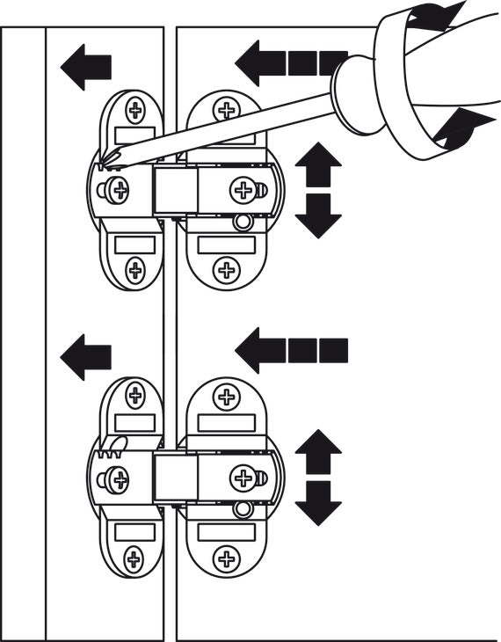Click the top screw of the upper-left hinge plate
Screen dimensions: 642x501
[x=136, y=110]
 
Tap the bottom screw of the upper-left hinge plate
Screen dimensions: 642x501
[x=134, y=269]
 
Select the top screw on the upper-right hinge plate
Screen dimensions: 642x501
[x=227, y=110]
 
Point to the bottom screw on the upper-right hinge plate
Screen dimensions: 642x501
[x=227, y=269]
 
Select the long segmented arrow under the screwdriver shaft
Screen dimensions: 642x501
[x=290, y=63]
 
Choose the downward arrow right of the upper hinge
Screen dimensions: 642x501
[x=318, y=216]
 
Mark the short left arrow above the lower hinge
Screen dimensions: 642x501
[x=87, y=356]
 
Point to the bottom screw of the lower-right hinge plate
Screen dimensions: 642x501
[x=227, y=558]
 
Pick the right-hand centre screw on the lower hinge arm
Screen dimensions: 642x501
[x=243, y=478]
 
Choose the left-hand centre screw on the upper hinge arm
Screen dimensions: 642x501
[x=118, y=188]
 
